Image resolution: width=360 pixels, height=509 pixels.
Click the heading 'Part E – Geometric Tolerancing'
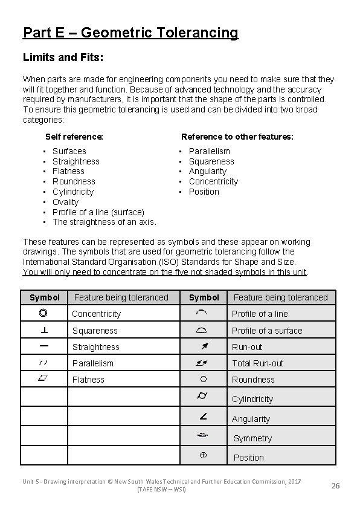coord(130,33)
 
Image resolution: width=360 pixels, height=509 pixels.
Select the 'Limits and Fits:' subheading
coord(63,58)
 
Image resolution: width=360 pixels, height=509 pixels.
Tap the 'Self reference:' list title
coord(74,137)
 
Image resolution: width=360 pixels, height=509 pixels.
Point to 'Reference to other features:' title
coord(237,137)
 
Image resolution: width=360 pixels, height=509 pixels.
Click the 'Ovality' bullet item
coord(65,202)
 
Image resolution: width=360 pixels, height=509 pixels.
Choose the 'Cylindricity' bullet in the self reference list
coord(74,192)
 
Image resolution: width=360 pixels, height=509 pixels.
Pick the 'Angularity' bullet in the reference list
coord(207,171)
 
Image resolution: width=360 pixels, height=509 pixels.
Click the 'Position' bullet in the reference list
coord(204,192)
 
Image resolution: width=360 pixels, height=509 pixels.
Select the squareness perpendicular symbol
coord(44,330)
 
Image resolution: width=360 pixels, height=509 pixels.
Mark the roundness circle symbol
coord(204,379)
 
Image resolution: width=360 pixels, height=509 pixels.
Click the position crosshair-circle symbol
coord(204,456)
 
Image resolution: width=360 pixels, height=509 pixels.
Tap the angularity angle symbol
coord(204,418)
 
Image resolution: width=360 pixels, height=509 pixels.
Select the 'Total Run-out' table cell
coord(258,363)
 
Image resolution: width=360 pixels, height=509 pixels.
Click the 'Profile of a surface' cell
coord(267,331)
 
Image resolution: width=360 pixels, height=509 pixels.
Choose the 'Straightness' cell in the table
coord(96,347)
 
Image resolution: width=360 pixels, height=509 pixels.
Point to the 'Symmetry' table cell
coord(252,438)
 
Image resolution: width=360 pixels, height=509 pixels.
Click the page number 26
coord(336,485)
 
